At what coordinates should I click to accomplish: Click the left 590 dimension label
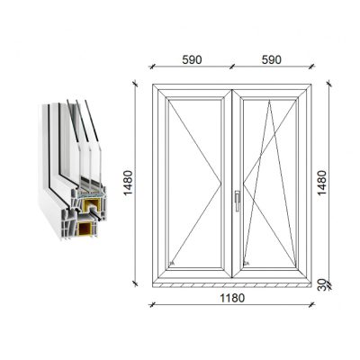tap(192, 59)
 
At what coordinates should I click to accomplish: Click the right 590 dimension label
tap(272, 59)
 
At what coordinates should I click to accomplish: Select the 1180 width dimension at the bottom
tap(232, 298)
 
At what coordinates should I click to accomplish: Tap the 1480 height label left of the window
tap(128, 183)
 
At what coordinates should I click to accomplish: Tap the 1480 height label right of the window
tap(322, 183)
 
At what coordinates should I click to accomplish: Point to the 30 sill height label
tap(321, 284)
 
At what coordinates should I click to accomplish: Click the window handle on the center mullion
tap(238, 201)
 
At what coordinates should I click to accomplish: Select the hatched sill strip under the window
tap(232, 284)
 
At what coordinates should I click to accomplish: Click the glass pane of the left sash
tap(195, 183)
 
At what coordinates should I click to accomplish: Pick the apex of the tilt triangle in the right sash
tap(269, 101)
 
